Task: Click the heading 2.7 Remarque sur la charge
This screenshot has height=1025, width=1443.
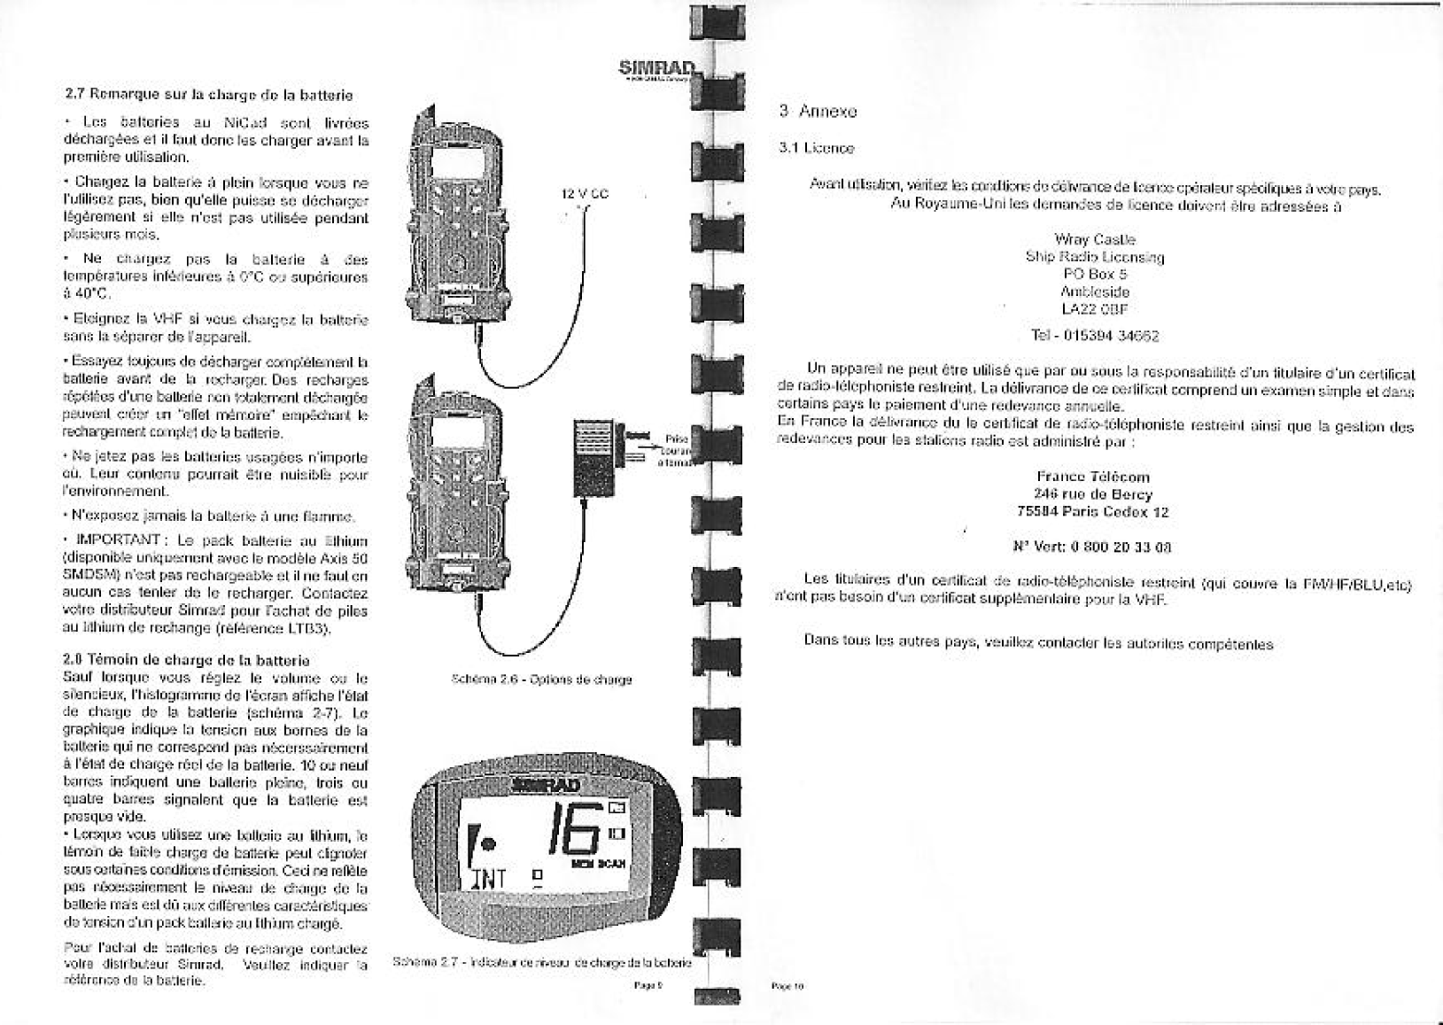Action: click(209, 94)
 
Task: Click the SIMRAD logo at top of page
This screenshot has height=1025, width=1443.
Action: click(656, 68)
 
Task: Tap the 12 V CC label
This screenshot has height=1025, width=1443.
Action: click(586, 194)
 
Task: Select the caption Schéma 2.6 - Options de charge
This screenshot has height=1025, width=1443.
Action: click(541, 679)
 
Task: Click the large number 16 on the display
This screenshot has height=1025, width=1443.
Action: click(578, 833)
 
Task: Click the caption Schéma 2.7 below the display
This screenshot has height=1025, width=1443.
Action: click(541, 961)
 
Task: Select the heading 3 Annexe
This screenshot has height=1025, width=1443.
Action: click(818, 112)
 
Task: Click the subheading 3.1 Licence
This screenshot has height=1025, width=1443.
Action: click(816, 148)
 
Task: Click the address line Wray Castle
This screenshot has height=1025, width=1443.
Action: click(1095, 239)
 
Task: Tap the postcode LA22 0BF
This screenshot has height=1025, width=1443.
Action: click(1095, 309)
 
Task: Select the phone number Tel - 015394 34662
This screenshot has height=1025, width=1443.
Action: click(1095, 336)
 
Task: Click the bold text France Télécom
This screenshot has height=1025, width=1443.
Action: click(1095, 477)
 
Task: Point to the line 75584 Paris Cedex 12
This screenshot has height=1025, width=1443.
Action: click(1095, 511)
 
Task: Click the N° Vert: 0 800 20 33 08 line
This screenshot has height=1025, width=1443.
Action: click(1095, 547)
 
